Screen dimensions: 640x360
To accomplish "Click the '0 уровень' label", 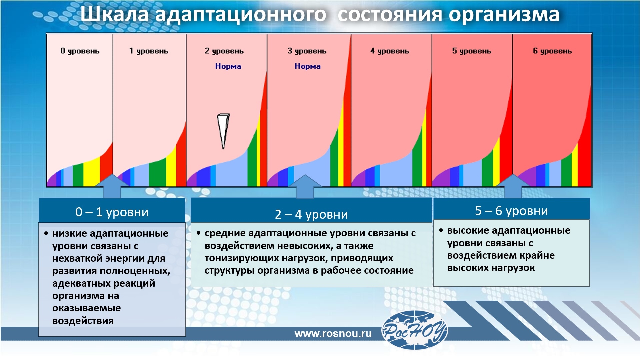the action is click(x=80, y=51).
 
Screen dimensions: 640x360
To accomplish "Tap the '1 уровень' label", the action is click(x=149, y=51).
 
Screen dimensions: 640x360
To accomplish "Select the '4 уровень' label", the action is click(x=390, y=51).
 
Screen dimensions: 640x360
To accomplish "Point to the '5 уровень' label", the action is click(x=472, y=51).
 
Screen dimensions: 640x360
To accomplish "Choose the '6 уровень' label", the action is click(x=552, y=51).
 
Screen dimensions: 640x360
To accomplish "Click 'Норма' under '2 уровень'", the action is click(x=228, y=66).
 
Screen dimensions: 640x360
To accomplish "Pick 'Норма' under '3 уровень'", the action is click(x=308, y=66).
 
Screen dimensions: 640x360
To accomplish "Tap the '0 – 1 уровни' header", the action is click(x=112, y=212).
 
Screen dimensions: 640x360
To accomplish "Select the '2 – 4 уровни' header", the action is click(x=311, y=214).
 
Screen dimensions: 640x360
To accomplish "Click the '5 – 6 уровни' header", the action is click(x=511, y=210).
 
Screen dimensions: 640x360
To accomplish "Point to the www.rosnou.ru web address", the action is click(x=333, y=334).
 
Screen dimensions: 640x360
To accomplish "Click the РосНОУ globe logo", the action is click(x=414, y=330).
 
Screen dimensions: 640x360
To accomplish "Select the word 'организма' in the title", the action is click(x=504, y=15).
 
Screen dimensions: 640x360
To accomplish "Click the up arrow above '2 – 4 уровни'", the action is click(x=305, y=186).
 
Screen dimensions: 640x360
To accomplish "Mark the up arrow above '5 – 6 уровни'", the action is click(x=513, y=186).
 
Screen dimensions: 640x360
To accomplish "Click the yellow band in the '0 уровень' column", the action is click(x=92, y=172).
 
